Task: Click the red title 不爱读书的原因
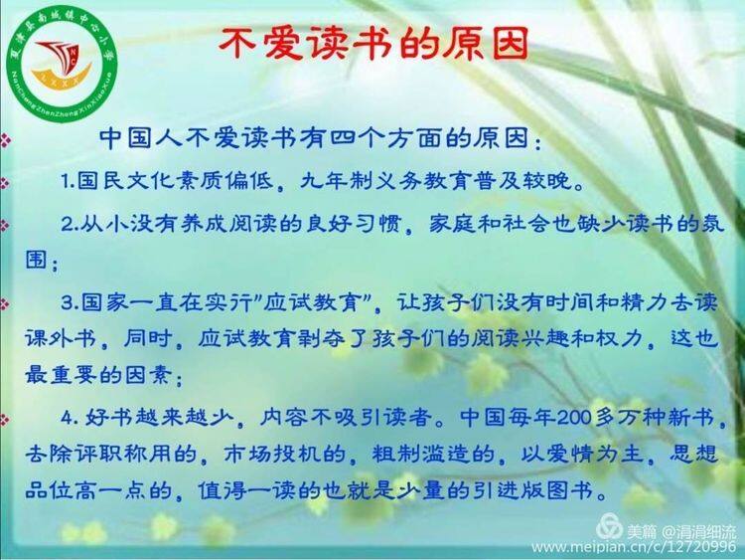(x=372, y=44)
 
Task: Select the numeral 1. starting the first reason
(x=69, y=182)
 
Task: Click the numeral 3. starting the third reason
(x=70, y=303)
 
